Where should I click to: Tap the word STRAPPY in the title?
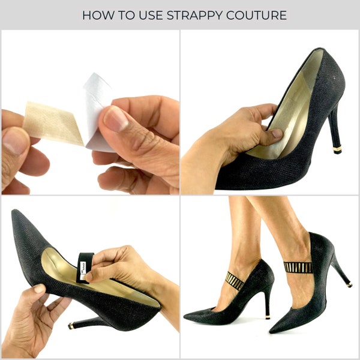click(x=195, y=14)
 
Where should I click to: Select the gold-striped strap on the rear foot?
click(x=234, y=280)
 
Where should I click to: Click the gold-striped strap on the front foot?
click(x=298, y=266)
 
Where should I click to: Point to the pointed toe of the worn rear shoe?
click(x=187, y=316)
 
